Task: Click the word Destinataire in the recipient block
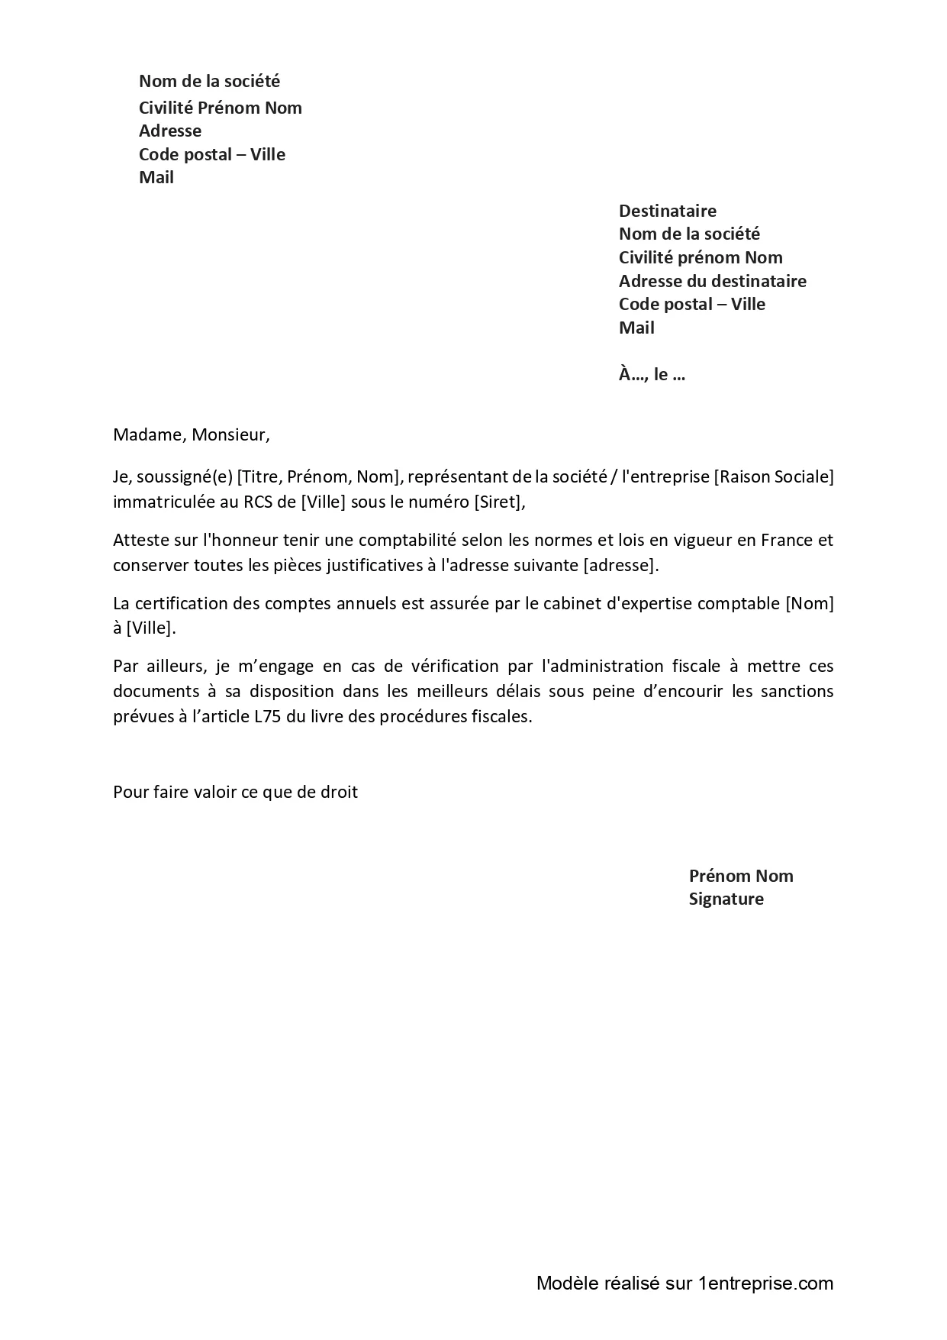coord(667,211)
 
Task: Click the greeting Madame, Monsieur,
coord(191,435)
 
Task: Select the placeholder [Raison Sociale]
coord(774,477)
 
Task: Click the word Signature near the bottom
coord(726,899)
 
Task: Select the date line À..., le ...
coord(652,374)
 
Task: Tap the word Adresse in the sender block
coord(170,131)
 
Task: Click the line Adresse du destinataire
coord(712,281)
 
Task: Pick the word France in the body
coord(786,540)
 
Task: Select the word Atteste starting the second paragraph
coord(139,540)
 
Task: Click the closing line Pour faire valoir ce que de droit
coord(235,792)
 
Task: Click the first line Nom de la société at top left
coord(209,81)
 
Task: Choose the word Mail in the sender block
coord(156,177)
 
